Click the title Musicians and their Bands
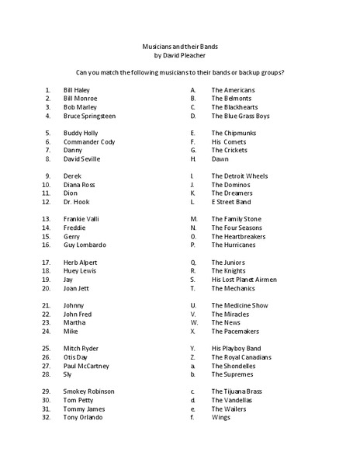[179, 47]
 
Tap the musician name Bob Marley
[81, 107]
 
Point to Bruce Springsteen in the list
[89, 116]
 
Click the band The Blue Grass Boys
[241, 116]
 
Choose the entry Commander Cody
[89, 142]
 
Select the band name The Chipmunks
[234, 133]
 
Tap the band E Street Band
[231, 202]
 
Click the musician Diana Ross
[79, 185]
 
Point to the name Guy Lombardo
[85, 245]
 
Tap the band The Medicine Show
[240, 305]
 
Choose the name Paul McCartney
[86, 365]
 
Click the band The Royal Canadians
[241, 356]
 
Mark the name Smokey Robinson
[89, 391]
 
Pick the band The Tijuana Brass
[238, 391]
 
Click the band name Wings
[221, 417]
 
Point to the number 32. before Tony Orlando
[47, 417]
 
